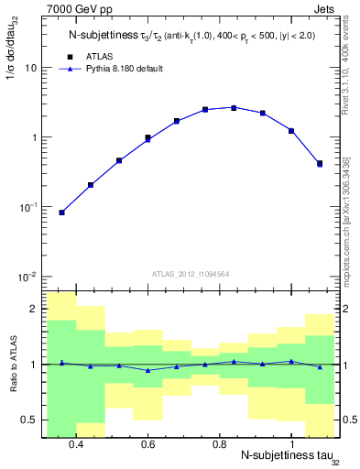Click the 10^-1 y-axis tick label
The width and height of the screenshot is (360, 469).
point(27,207)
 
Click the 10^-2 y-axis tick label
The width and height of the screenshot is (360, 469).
point(27,277)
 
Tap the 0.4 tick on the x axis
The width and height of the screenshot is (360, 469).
point(76,444)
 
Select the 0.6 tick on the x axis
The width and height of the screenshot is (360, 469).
point(147,444)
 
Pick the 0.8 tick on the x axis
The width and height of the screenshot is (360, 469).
point(219,444)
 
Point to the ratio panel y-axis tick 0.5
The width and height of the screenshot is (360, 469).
point(30,420)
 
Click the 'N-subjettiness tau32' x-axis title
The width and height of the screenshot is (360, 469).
point(283,457)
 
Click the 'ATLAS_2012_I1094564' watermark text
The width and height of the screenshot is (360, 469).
point(190,273)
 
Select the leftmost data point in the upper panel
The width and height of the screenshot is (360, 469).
point(61,213)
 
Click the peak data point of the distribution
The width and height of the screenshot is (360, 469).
point(234,107)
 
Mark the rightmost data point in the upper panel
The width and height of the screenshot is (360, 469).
point(319,164)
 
